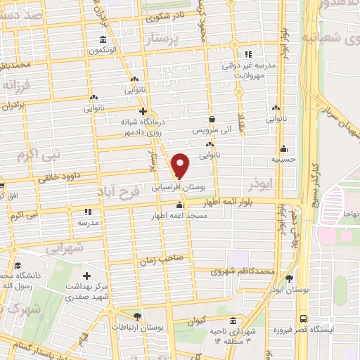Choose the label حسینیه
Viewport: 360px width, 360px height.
pos(283,160)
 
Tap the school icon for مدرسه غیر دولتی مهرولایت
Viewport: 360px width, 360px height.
pos(247,53)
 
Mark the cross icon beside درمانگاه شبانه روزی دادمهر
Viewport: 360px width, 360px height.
pos(143,111)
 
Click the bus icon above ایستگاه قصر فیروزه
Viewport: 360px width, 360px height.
pos(302,317)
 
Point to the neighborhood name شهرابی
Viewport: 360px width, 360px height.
pos(63,247)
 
